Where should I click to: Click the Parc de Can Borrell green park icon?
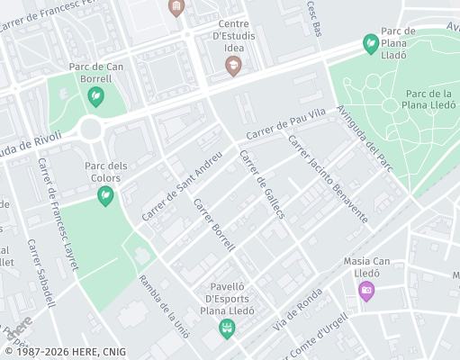pos(95,96)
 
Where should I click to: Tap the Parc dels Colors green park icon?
pos(106,195)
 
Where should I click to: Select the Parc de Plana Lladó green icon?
pos(370,42)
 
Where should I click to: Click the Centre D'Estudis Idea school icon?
pos(233,66)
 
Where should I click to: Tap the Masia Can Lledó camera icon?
pos(366,290)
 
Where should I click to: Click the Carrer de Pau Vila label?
pos(285,125)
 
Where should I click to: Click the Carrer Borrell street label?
pos(214,222)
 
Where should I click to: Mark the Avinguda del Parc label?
pos(366,139)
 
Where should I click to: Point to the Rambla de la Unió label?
pos(163,306)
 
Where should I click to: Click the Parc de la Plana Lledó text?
pos(428,100)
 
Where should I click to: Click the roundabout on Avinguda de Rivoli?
pos(92,130)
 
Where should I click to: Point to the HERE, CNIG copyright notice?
pos(65,352)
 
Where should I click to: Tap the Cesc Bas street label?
pos(314,19)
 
